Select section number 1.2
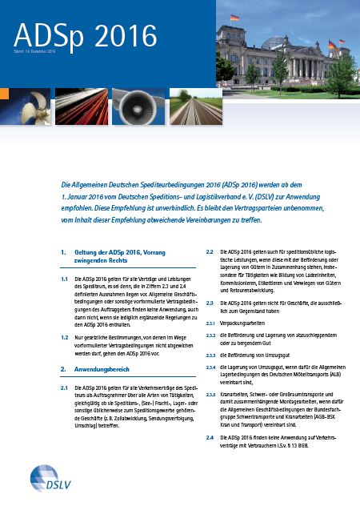[66, 339]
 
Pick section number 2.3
[210, 303]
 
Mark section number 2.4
[210, 439]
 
